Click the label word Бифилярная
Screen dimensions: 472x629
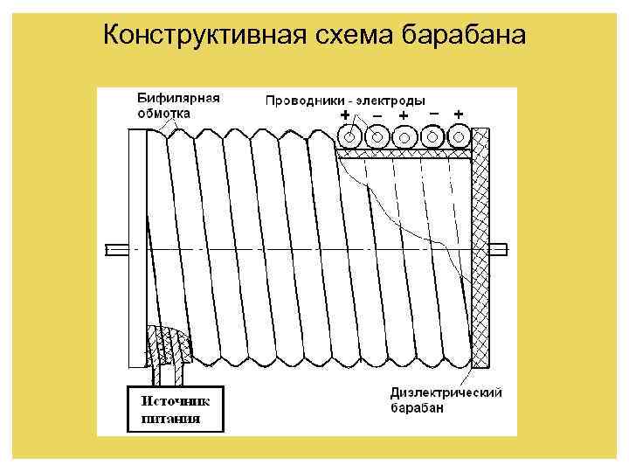[x=177, y=98]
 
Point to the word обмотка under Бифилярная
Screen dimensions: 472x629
[x=163, y=113]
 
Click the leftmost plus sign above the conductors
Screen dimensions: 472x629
[x=345, y=115]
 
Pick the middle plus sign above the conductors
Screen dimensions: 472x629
[x=403, y=115]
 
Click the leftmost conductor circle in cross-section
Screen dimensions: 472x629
[x=350, y=137]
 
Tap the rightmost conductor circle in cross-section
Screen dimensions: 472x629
[x=459, y=136]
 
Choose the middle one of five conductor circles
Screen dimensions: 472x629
[x=404, y=137]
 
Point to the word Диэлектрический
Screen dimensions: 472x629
[x=446, y=393]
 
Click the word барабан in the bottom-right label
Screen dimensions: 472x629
[x=418, y=408]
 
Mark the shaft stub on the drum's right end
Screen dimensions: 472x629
[x=498, y=250]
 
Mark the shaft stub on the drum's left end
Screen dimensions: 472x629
[x=115, y=250]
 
